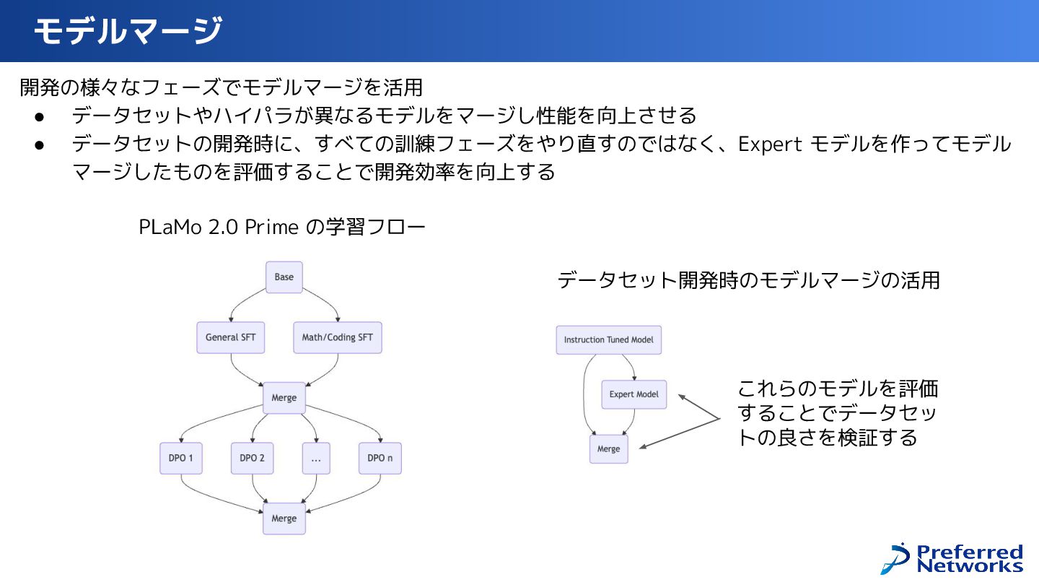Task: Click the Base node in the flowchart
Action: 284,277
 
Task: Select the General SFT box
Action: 230,337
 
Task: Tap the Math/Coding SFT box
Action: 338,337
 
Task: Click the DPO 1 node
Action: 180,458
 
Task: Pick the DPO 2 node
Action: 252,458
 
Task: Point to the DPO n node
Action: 380,458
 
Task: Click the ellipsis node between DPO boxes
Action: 316,458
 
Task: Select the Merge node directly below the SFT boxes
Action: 284,398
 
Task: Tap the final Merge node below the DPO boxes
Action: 284,519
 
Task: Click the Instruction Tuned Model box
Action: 608,339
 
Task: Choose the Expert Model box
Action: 634,394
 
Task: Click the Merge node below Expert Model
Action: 608,448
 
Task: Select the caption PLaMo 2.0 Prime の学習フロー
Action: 282,227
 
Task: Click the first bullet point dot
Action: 40,116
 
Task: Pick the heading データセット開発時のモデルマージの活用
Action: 748,280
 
